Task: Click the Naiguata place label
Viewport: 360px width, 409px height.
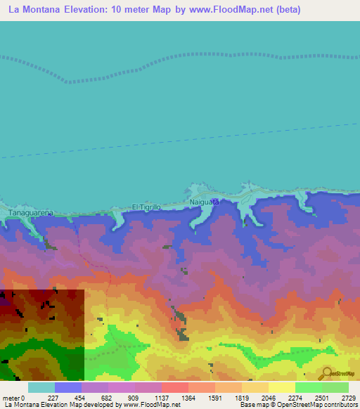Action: pos(205,202)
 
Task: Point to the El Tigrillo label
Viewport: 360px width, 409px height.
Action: pos(147,207)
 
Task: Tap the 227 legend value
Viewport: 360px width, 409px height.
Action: pos(54,398)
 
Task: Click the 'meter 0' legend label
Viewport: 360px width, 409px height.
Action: pos(13,398)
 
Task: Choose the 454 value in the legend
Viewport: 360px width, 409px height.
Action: pos(81,398)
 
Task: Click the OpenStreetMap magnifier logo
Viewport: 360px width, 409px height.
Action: pos(326,373)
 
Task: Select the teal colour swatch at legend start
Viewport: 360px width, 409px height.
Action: pos(41,387)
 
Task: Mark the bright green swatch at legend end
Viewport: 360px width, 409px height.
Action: pos(335,387)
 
